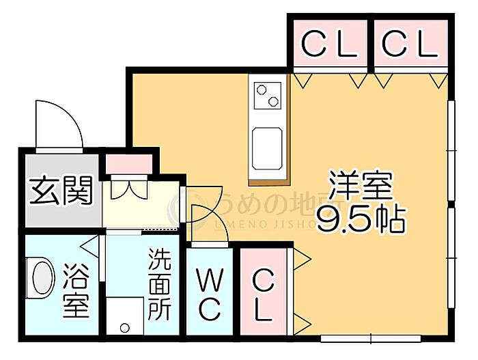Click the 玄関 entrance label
tap(61, 191)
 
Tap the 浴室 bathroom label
tap(76, 291)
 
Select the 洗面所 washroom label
tap(160, 284)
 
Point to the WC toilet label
tap(210, 294)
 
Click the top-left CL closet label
tap(331, 45)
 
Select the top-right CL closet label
tap(409, 45)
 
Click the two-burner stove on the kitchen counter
tap(267, 95)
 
